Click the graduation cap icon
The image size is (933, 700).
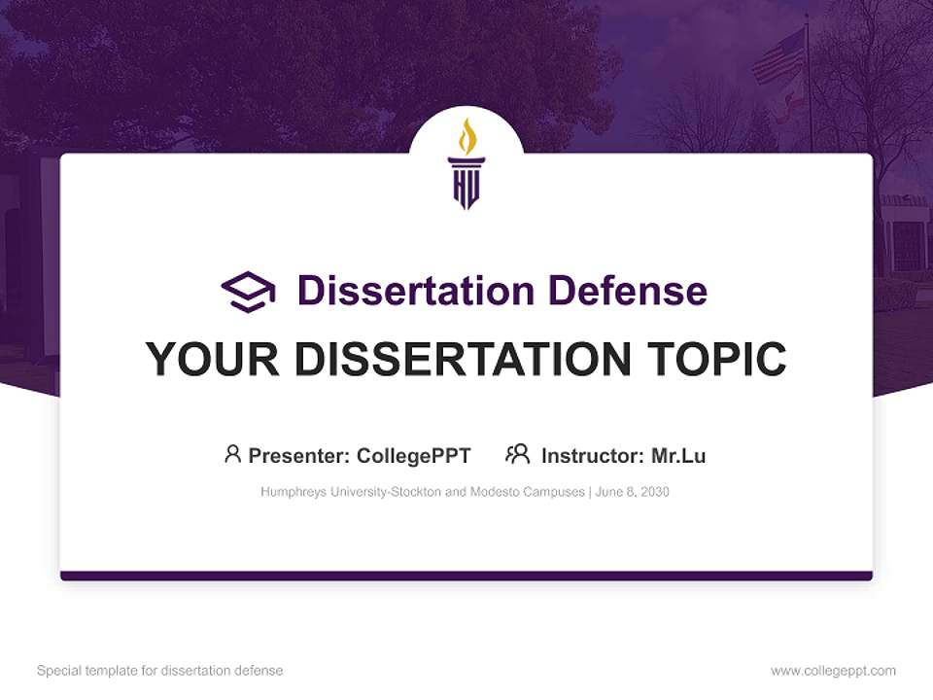(248, 292)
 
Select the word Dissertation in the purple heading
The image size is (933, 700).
(415, 291)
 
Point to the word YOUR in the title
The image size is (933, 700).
(214, 360)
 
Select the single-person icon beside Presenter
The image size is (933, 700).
(232, 454)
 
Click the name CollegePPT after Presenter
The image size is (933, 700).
(414, 456)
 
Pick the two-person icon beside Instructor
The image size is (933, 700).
(517, 454)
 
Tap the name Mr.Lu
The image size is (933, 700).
(678, 456)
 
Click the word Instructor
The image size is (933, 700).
(592, 456)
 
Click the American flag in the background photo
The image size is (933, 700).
(780, 56)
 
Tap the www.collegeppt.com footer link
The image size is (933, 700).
(833, 671)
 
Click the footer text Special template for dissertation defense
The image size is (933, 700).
(160, 671)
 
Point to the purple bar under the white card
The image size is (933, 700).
(466, 576)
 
